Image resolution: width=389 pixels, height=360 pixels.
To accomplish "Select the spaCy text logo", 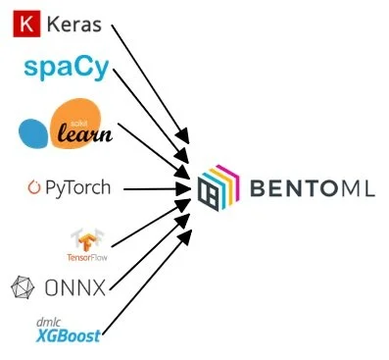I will [66, 69].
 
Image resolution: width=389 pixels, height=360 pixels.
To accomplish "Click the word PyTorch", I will [78, 187].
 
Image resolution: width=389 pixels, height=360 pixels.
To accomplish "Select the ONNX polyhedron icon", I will [22, 288].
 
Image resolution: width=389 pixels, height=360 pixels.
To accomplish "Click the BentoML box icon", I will [217, 186].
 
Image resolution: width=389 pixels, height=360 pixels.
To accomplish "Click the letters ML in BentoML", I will [359, 186].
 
